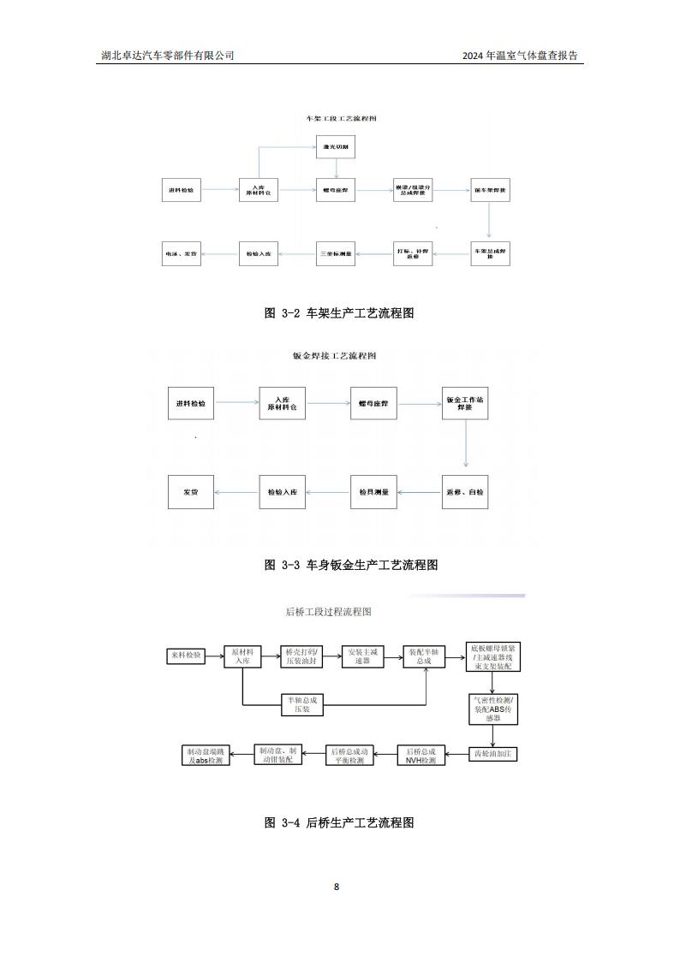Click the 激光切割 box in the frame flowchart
pos(337,147)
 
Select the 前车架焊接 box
pos(489,190)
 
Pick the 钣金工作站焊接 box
pos(465,403)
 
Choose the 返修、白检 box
pos(465,492)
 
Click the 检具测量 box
pos(374,492)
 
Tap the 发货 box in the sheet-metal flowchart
pos(190,492)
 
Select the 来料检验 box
pos(186,655)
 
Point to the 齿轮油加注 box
pos(494,754)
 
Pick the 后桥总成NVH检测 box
pos(421,755)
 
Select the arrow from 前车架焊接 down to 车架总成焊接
pos(489,220)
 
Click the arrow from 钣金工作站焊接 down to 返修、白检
pos(465,446)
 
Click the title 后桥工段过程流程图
pos(328,612)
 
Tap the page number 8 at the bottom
pos(337,887)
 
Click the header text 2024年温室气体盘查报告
pos(520,56)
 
